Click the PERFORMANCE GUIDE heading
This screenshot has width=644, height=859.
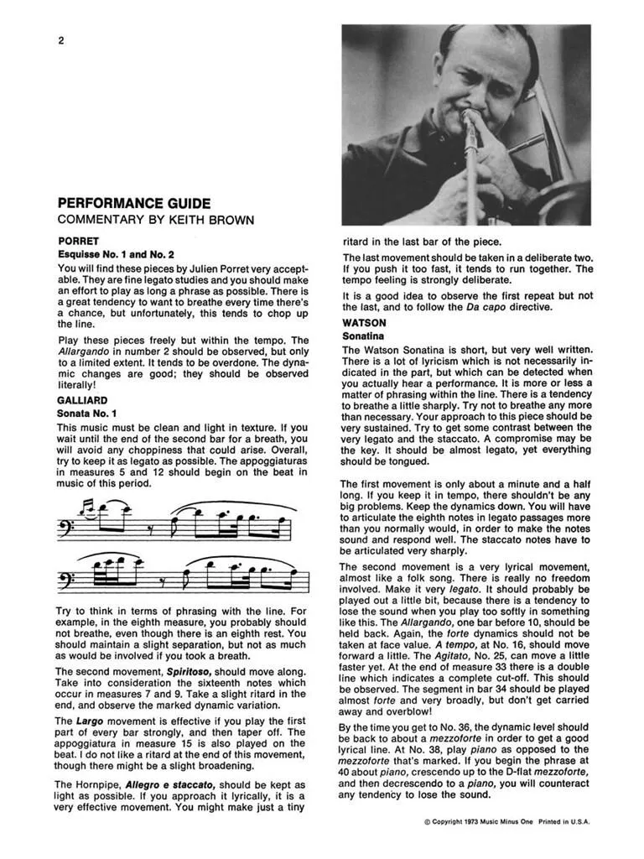pos(133,204)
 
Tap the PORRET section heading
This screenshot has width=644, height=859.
pos(78,241)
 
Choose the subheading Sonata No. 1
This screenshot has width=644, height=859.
pos(87,414)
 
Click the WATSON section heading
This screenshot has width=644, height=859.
pos(364,322)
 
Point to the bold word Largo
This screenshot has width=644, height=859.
pos(87,721)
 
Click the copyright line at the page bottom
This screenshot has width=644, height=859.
pos(507,822)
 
